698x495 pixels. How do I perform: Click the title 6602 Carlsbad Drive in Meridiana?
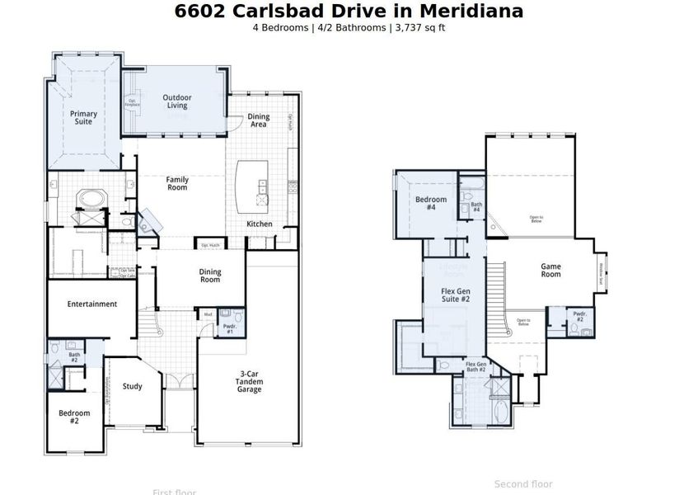tap(349, 11)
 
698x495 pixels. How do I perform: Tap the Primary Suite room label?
tap(83, 118)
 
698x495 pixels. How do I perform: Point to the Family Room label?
tap(177, 183)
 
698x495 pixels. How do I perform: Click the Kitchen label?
tap(260, 224)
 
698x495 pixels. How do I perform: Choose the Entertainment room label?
tap(92, 304)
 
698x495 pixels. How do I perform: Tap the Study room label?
tap(132, 386)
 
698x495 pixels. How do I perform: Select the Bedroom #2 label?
tap(74, 417)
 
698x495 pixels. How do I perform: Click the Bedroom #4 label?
tap(431, 204)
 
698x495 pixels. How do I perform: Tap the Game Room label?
tap(550, 271)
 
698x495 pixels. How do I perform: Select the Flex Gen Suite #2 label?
tap(455, 295)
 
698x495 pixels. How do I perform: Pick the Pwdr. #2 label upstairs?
tap(579, 317)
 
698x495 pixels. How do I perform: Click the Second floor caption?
tap(523, 484)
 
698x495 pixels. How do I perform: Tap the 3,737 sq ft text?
tap(420, 27)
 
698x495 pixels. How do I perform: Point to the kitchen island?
tap(252, 186)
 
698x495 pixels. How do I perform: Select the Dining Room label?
tap(210, 276)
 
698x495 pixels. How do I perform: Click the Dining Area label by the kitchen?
tap(259, 120)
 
